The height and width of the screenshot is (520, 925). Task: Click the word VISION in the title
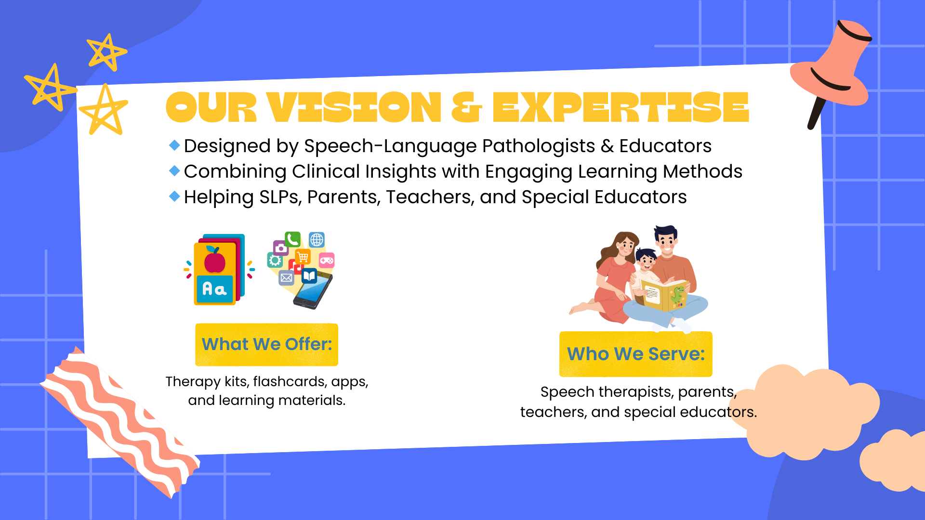tap(354, 107)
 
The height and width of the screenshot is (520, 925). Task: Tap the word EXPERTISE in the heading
tap(621, 107)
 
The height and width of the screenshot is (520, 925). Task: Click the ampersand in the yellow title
tap(466, 107)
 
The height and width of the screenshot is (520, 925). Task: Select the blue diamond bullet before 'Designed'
tap(174, 145)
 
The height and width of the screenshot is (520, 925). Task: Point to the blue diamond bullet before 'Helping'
tap(174, 196)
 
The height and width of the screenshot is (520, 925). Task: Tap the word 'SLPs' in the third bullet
tap(280, 197)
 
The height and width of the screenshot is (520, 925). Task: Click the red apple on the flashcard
tap(214, 260)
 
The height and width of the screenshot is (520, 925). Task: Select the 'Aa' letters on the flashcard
tap(214, 289)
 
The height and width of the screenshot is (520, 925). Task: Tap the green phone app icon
tap(292, 239)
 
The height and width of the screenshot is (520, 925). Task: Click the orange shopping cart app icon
tap(303, 257)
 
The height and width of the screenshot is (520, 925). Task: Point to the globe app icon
tap(317, 239)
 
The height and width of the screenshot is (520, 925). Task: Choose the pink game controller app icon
tap(327, 260)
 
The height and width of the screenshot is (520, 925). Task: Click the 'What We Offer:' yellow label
tap(266, 344)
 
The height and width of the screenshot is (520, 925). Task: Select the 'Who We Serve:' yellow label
tap(635, 354)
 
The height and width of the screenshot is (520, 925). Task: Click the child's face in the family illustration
tap(646, 262)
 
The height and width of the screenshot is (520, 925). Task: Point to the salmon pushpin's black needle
tap(816, 114)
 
